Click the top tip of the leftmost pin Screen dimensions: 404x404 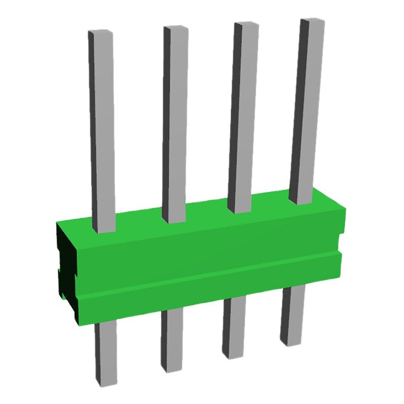(100, 32)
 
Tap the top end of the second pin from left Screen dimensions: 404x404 (175, 27)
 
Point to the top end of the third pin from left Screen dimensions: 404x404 (245, 24)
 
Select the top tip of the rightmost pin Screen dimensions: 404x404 (312, 21)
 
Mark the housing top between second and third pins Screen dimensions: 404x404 (207, 216)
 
